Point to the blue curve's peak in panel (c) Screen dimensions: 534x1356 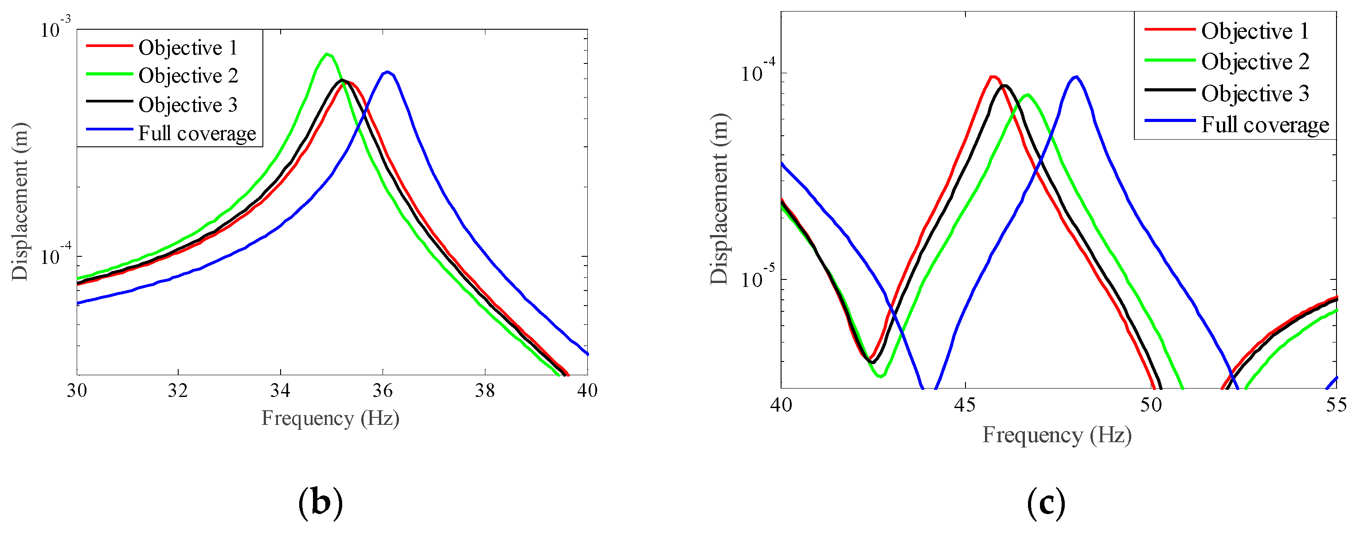click(1076, 77)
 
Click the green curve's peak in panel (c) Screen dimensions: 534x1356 click(1028, 95)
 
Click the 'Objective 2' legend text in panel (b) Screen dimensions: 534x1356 click(188, 76)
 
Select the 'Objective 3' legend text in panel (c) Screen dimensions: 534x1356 click(1255, 94)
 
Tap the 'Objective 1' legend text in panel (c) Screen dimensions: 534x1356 click(1255, 31)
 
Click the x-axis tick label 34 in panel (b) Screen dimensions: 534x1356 click(280, 390)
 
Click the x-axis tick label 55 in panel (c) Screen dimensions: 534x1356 click(1336, 405)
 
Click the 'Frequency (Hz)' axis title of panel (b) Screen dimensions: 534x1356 click(331, 418)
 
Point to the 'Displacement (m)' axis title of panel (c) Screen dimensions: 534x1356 click(719, 199)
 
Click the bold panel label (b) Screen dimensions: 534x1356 click(320, 503)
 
